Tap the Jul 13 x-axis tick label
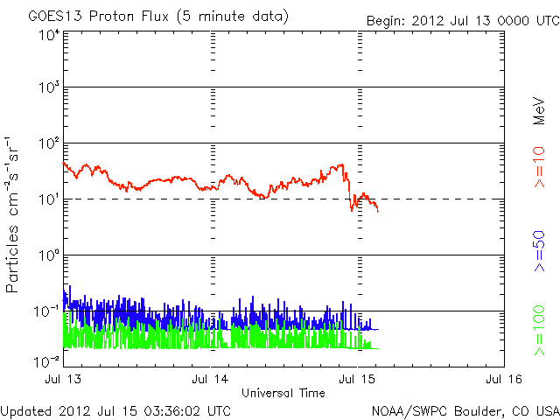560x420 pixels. click(x=64, y=379)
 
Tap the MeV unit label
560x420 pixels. click(x=539, y=109)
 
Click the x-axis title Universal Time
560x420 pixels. click(x=283, y=393)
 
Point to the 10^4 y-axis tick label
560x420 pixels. click(x=49, y=36)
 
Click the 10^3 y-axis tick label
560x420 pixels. click(x=49, y=89)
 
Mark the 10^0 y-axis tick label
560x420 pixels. click(x=49, y=255)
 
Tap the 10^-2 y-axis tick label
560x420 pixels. click(x=47, y=360)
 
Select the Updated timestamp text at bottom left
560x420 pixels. click(x=116, y=409)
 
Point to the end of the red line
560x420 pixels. click(x=378, y=211)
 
